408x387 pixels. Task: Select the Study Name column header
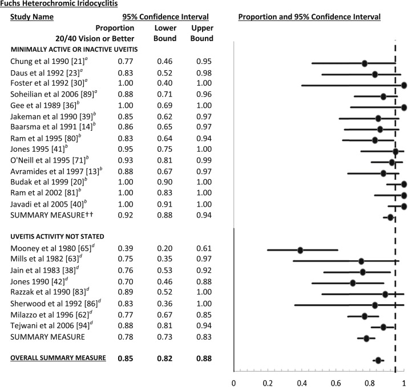[x=32, y=17]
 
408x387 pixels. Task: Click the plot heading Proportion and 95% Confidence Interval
[x=309, y=17]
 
